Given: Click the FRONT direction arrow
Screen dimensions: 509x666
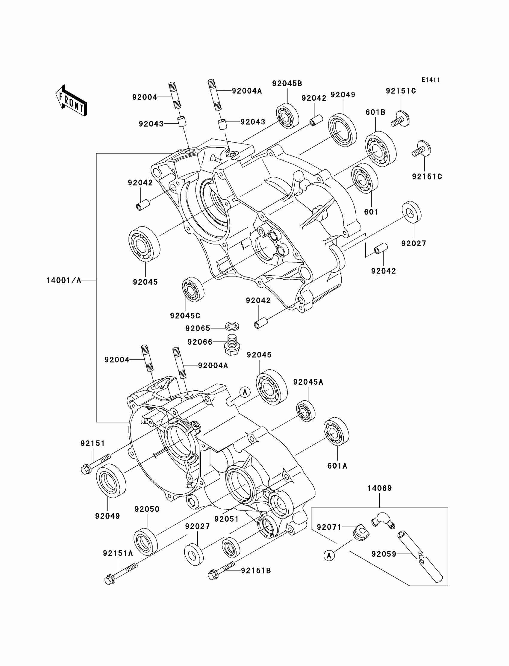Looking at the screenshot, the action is pyautogui.click(x=71, y=100).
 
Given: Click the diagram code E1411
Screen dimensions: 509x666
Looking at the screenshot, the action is pyautogui.click(x=431, y=80).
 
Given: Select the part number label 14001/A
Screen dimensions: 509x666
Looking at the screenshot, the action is pyautogui.click(x=63, y=280).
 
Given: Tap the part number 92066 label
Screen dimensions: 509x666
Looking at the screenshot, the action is pyautogui.click(x=200, y=342).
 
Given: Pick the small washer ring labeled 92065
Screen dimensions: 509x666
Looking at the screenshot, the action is pyautogui.click(x=232, y=326).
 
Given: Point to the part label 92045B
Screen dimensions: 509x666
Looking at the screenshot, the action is pyautogui.click(x=287, y=83).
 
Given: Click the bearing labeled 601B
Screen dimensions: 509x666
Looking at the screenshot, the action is pyautogui.click(x=381, y=149).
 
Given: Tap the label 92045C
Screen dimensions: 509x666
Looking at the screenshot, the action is pyautogui.click(x=185, y=315).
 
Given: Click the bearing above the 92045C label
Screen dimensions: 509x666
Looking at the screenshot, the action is pyautogui.click(x=193, y=289).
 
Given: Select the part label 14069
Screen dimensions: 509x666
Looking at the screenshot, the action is pyautogui.click(x=380, y=488).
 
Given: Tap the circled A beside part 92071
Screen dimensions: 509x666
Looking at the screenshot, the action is pyautogui.click(x=329, y=556).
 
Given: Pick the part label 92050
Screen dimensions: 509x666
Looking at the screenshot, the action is pyautogui.click(x=147, y=509).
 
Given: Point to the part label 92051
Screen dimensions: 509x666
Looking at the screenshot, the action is pyautogui.click(x=227, y=519).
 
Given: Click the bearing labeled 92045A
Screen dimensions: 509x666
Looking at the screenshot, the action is pyautogui.click(x=306, y=411).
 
